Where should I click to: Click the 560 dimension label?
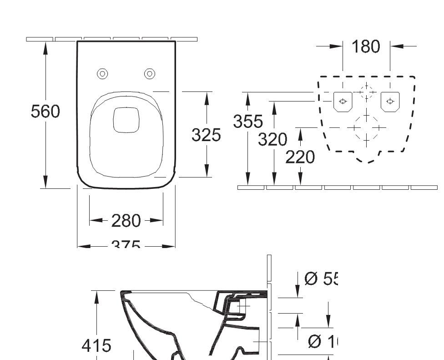point(45,112)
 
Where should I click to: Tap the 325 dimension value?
point(206,135)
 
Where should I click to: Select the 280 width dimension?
point(126,221)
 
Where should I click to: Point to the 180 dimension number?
point(366,46)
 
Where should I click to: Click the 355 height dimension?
point(248,122)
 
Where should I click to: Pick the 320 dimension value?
point(273,139)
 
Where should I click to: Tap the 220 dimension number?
point(300,157)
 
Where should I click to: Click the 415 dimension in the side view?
point(96,346)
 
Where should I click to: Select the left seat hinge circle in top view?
point(103,73)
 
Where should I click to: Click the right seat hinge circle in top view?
point(150,73)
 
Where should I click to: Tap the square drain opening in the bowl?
point(126,120)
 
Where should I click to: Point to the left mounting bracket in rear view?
point(343,101)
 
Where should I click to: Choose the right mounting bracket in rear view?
point(390,101)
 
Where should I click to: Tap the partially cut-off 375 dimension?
point(126,245)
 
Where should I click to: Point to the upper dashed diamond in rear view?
point(366,91)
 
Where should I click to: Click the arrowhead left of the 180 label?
point(336,46)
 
